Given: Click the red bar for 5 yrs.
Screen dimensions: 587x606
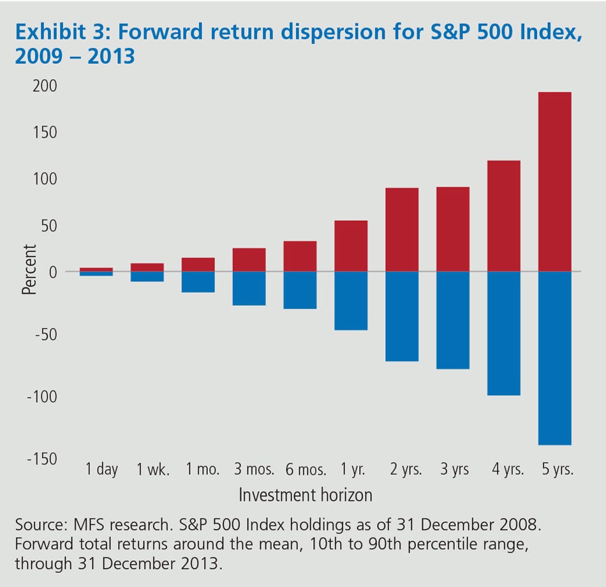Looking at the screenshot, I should pos(554,182).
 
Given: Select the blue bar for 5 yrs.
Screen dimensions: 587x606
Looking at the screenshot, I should pos(554,358).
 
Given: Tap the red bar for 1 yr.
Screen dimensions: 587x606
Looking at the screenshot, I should pos(351,246).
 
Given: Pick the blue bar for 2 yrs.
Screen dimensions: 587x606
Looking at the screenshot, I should pos(402,316).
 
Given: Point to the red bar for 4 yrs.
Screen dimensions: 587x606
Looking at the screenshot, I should pos(504,216).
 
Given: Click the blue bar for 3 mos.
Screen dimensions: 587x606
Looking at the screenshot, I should pos(249,288).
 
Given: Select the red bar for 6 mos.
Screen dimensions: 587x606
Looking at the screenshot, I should pos(300,256).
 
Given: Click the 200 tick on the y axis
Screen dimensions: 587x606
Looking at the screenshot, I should pos(45,85).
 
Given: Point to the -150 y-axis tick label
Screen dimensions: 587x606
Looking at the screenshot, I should pos(42,458).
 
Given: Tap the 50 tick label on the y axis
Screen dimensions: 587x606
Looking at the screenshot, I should pos(48,225).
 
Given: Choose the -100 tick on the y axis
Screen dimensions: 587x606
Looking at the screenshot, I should pos(42,396).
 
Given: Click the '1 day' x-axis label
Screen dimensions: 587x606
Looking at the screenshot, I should pos(102,470).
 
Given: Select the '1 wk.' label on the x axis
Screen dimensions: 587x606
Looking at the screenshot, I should pos(153,470).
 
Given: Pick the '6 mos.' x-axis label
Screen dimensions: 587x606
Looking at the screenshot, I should pos(306,470).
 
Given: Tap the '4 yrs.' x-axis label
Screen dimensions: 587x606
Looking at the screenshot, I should pos(507,470).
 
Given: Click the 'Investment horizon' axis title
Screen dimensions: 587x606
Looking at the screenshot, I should pos(306,494).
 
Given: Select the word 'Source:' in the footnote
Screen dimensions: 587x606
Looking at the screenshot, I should pos(42,526).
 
